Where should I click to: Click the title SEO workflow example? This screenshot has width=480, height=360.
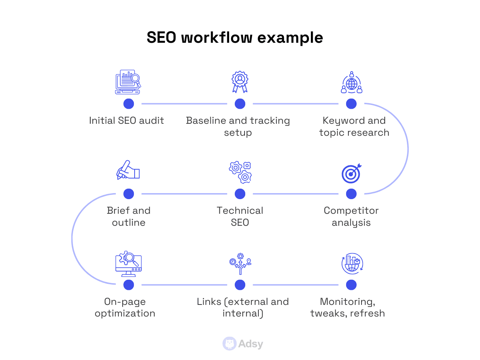click(x=235, y=37)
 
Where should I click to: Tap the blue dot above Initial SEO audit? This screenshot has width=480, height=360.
click(x=129, y=104)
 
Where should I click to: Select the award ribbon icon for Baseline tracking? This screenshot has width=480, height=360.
click(x=240, y=82)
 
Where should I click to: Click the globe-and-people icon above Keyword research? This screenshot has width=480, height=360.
click(x=351, y=82)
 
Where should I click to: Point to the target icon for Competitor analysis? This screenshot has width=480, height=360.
click(x=351, y=173)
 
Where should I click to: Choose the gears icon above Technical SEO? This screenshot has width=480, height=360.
click(x=240, y=172)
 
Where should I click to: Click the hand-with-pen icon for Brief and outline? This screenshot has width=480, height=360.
click(x=128, y=170)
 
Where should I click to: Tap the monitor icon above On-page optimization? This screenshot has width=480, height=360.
click(x=129, y=264)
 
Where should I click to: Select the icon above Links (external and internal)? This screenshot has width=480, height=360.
click(x=240, y=264)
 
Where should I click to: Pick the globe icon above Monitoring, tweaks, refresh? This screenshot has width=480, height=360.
click(x=352, y=264)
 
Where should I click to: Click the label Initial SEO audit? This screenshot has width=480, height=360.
click(x=126, y=120)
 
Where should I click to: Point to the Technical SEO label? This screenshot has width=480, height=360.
click(x=240, y=216)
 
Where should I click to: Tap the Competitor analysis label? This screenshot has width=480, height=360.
click(x=351, y=216)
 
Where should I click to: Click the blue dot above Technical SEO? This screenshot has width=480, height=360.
click(x=240, y=194)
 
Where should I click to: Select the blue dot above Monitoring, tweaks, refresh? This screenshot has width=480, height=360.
click(x=351, y=285)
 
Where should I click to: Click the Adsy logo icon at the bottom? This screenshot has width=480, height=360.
click(x=229, y=343)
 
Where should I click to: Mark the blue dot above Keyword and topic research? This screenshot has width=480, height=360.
click(x=351, y=104)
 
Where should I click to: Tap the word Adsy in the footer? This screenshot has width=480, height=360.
click(x=250, y=344)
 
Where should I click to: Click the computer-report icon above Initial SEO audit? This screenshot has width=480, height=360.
click(x=128, y=82)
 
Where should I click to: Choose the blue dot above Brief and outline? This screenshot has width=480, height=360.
click(x=129, y=194)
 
